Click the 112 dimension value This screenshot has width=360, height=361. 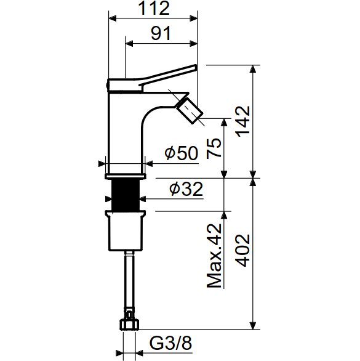coord(154,8)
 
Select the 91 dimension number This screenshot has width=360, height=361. coord(161,33)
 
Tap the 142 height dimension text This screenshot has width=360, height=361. coord(242,121)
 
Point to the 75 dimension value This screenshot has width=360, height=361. coord(214,148)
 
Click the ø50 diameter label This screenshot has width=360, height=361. coord(182,153)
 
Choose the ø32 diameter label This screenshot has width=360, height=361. coord(186,189)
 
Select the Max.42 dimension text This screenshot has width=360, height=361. coord(214,256)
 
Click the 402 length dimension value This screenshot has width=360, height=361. coord(242,251)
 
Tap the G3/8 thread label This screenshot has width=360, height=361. coord(170,343)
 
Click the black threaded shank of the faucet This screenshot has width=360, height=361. coord(126,195)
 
